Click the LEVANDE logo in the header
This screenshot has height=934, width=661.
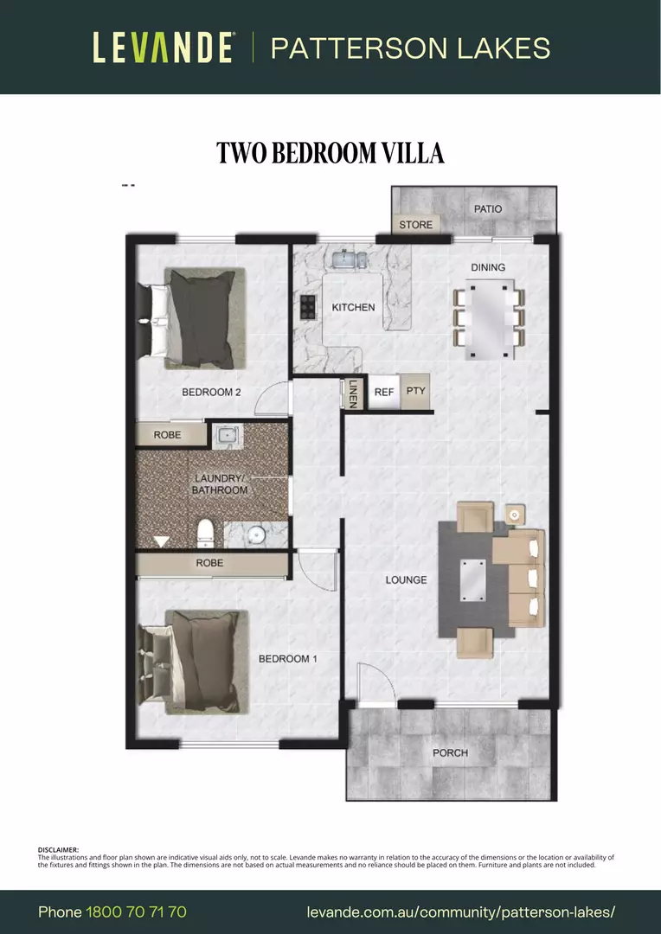[x=163, y=48]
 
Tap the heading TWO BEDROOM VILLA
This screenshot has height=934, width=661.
[x=330, y=153]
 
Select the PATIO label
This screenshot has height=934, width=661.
[x=487, y=208]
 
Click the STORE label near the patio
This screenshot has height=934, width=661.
[x=415, y=225]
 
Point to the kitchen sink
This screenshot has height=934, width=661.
[x=346, y=259]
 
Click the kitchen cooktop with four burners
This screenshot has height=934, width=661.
[x=307, y=306]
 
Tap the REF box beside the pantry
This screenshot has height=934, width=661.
[x=384, y=392]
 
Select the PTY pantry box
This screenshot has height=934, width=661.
[x=416, y=391]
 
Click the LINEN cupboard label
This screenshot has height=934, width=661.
[x=352, y=394]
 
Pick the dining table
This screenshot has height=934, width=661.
[x=488, y=318]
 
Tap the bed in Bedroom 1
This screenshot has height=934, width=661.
[x=197, y=662]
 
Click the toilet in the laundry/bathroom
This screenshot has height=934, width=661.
[x=205, y=533]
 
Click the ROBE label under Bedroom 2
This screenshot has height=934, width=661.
[x=168, y=434]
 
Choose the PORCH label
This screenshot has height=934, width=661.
[x=450, y=752]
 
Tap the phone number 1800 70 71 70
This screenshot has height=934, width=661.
[x=136, y=912]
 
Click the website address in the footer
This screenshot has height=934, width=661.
[x=461, y=912]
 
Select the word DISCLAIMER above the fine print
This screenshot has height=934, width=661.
[x=58, y=849]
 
